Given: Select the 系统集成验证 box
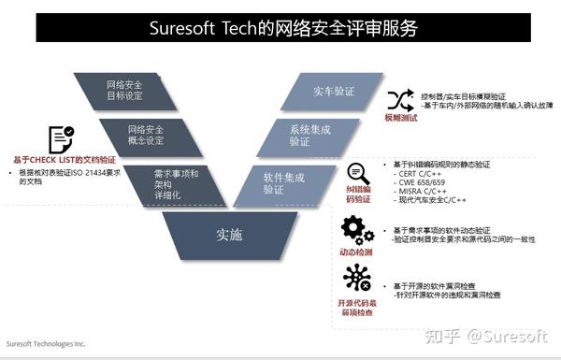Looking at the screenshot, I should click(309, 136).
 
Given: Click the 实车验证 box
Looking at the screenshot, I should click(333, 91).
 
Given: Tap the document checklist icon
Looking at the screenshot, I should click(61, 138).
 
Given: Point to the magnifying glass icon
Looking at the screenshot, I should click(358, 173).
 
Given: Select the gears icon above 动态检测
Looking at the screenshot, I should click(357, 229).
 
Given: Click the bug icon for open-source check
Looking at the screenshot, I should click(357, 279).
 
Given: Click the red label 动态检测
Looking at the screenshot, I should click(356, 252).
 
